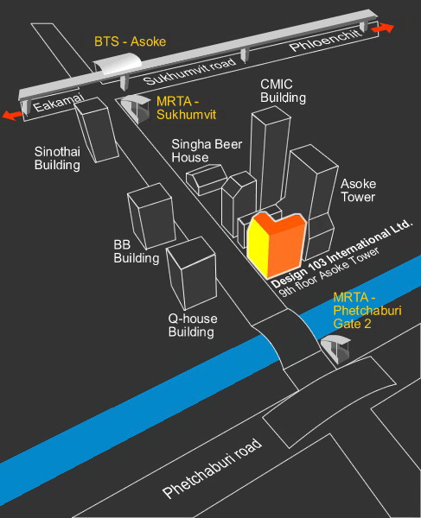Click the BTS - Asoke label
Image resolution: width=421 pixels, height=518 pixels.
pyautogui.click(x=130, y=41)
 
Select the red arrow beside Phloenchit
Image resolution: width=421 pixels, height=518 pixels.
pyautogui.click(x=383, y=28)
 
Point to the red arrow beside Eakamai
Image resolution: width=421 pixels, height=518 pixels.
pyautogui.click(x=13, y=116)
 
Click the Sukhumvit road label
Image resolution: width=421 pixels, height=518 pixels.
pyautogui.click(x=190, y=71)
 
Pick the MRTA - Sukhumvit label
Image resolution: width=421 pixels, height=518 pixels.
pyautogui.click(x=186, y=108)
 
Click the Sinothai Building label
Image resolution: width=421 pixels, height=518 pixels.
pyautogui.click(x=58, y=158)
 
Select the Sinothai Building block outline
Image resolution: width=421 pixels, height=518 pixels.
pyautogui.click(x=96, y=129)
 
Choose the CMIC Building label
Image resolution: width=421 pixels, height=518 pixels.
pyautogui.click(x=283, y=91)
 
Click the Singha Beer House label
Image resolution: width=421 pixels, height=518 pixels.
pyautogui.click(x=207, y=150)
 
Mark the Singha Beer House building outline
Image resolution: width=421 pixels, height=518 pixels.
pyautogui.click(x=206, y=179)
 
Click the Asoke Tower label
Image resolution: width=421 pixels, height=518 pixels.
pyautogui.click(x=358, y=190)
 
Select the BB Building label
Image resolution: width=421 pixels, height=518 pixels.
pyautogui.click(x=137, y=251)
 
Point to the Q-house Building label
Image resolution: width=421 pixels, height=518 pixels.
pyautogui.click(x=193, y=325)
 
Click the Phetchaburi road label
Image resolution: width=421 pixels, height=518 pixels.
pyautogui.click(x=212, y=469)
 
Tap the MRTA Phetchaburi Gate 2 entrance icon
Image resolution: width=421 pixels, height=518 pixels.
pyautogui.click(x=335, y=349)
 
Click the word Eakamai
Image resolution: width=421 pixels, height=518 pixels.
pyautogui.click(x=58, y=103)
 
